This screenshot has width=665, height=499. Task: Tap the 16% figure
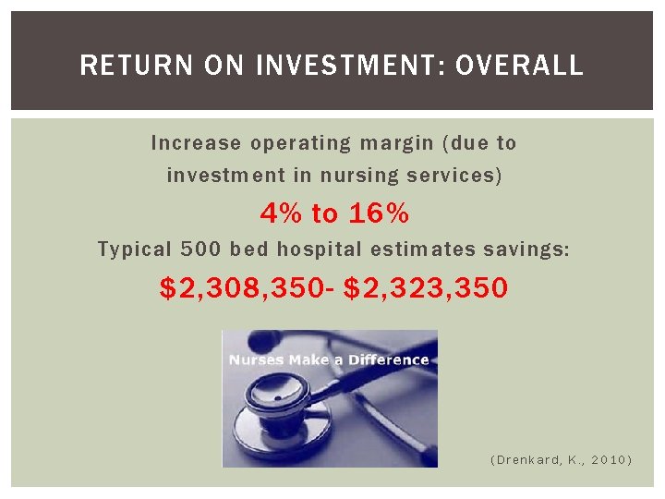[x=379, y=214]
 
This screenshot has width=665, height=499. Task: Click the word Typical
[x=135, y=249]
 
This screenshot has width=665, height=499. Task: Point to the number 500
[x=201, y=249]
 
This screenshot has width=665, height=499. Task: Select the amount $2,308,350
[x=240, y=288]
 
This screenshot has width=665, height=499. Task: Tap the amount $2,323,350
[x=426, y=288]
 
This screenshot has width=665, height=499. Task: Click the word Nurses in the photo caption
[x=255, y=359]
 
